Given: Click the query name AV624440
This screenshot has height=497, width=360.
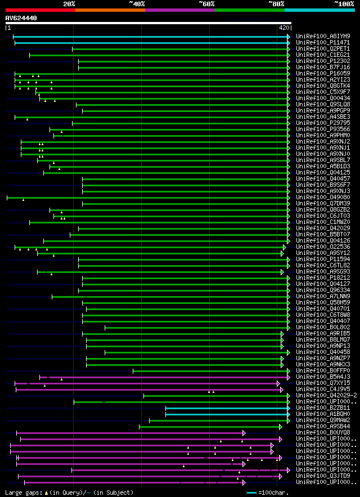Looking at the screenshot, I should click(x=21, y=18).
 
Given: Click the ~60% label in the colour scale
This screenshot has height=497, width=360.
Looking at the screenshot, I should click(x=206, y=3).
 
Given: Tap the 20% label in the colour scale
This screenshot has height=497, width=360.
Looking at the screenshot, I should click(x=69, y=3).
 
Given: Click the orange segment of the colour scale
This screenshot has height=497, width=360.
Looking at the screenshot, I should click(x=110, y=10).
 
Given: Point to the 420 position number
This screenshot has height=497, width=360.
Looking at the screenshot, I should click(x=283, y=27).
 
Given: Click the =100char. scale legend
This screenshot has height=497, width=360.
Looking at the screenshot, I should click(x=273, y=492).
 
